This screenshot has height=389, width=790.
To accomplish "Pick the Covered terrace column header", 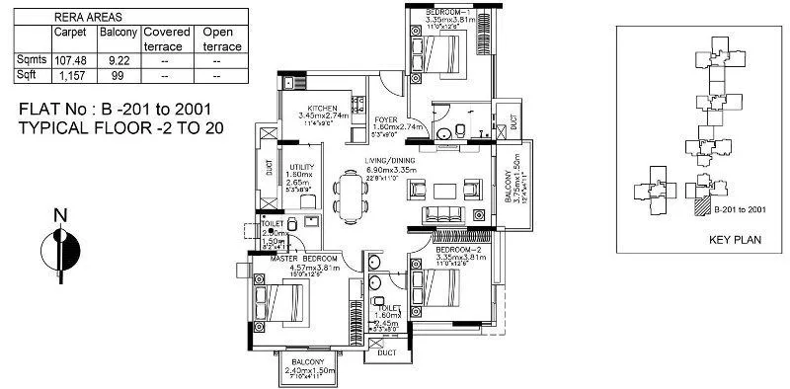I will coord(166,39).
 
